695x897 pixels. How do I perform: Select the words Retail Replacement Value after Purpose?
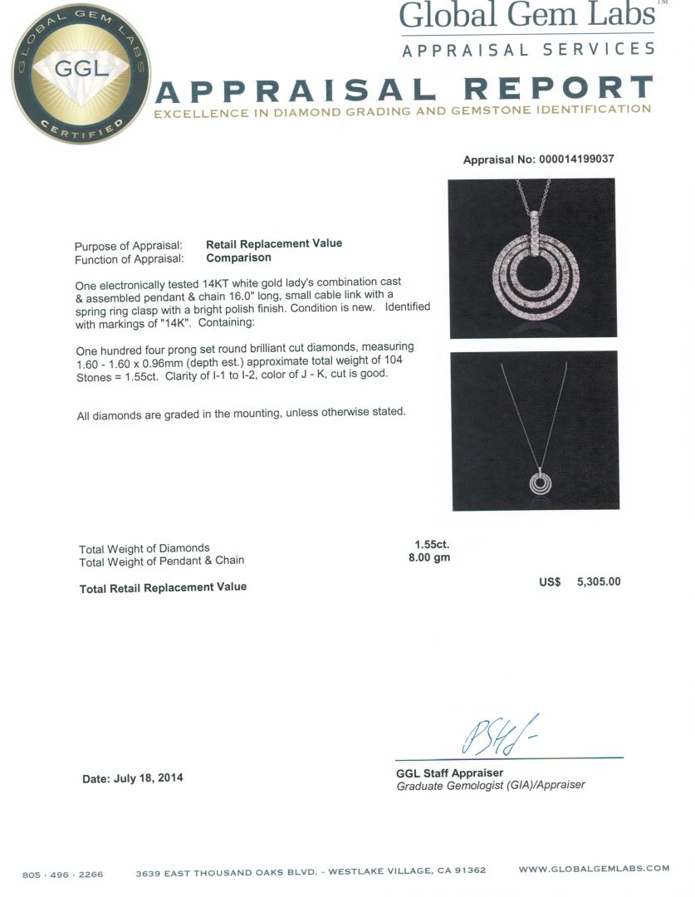pyautogui.click(x=274, y=243)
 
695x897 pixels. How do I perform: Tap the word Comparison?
pyautogui.click(x=238, y=257)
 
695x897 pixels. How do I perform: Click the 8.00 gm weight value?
pyautogui.click(x=429, y=558)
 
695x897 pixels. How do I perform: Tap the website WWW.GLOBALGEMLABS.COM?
pyautogui.click(x=594, y=869)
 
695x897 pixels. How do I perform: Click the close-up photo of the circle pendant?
pyautogui.click(x=533, y=258)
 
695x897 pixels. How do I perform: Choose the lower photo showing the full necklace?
pyautogui.click(x=535, y=430)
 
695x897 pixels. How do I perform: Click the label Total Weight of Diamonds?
pyautogui.click(x=144, y=548)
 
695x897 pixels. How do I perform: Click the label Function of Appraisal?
pyautogui.click(x=128, y=258)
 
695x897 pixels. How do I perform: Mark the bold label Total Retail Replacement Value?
pyautogui.click(x=163, y=587)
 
